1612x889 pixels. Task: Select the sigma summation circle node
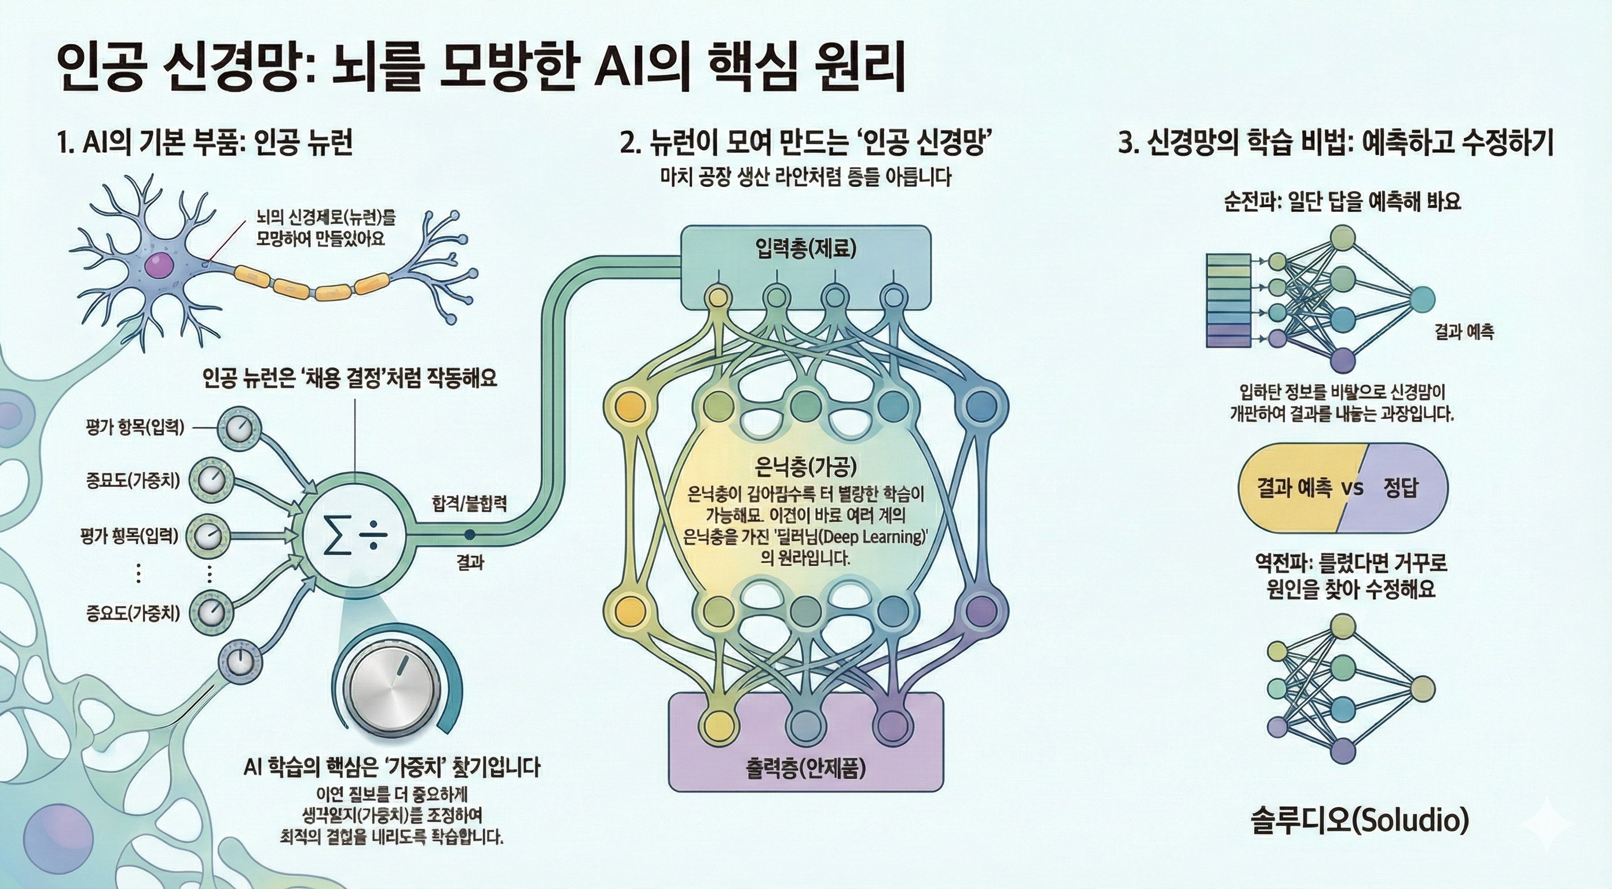354,535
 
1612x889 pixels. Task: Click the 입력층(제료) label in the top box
805,249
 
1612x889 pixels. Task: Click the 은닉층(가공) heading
805,466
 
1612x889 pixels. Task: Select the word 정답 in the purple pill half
1400,487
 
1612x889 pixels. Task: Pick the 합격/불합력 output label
468,503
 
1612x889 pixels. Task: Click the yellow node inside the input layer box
718,295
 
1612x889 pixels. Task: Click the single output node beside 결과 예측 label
1421,300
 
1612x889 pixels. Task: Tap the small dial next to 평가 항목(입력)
239,428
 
